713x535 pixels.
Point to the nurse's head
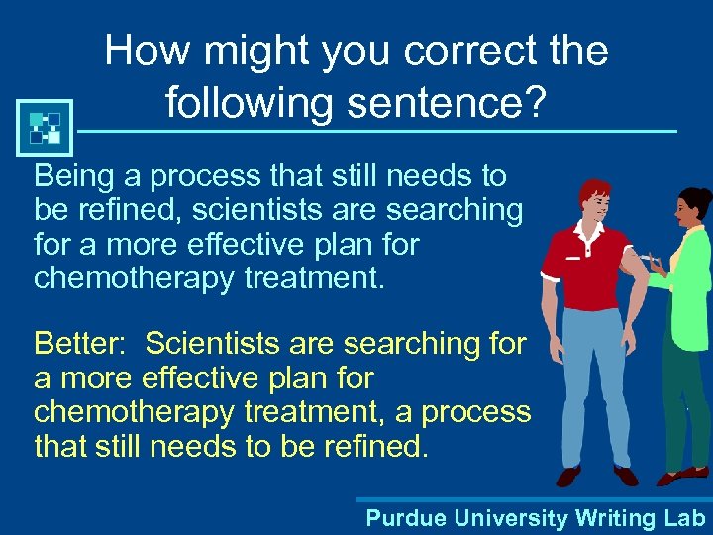click(690, 209)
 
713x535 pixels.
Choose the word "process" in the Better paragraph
click(478, 411)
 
